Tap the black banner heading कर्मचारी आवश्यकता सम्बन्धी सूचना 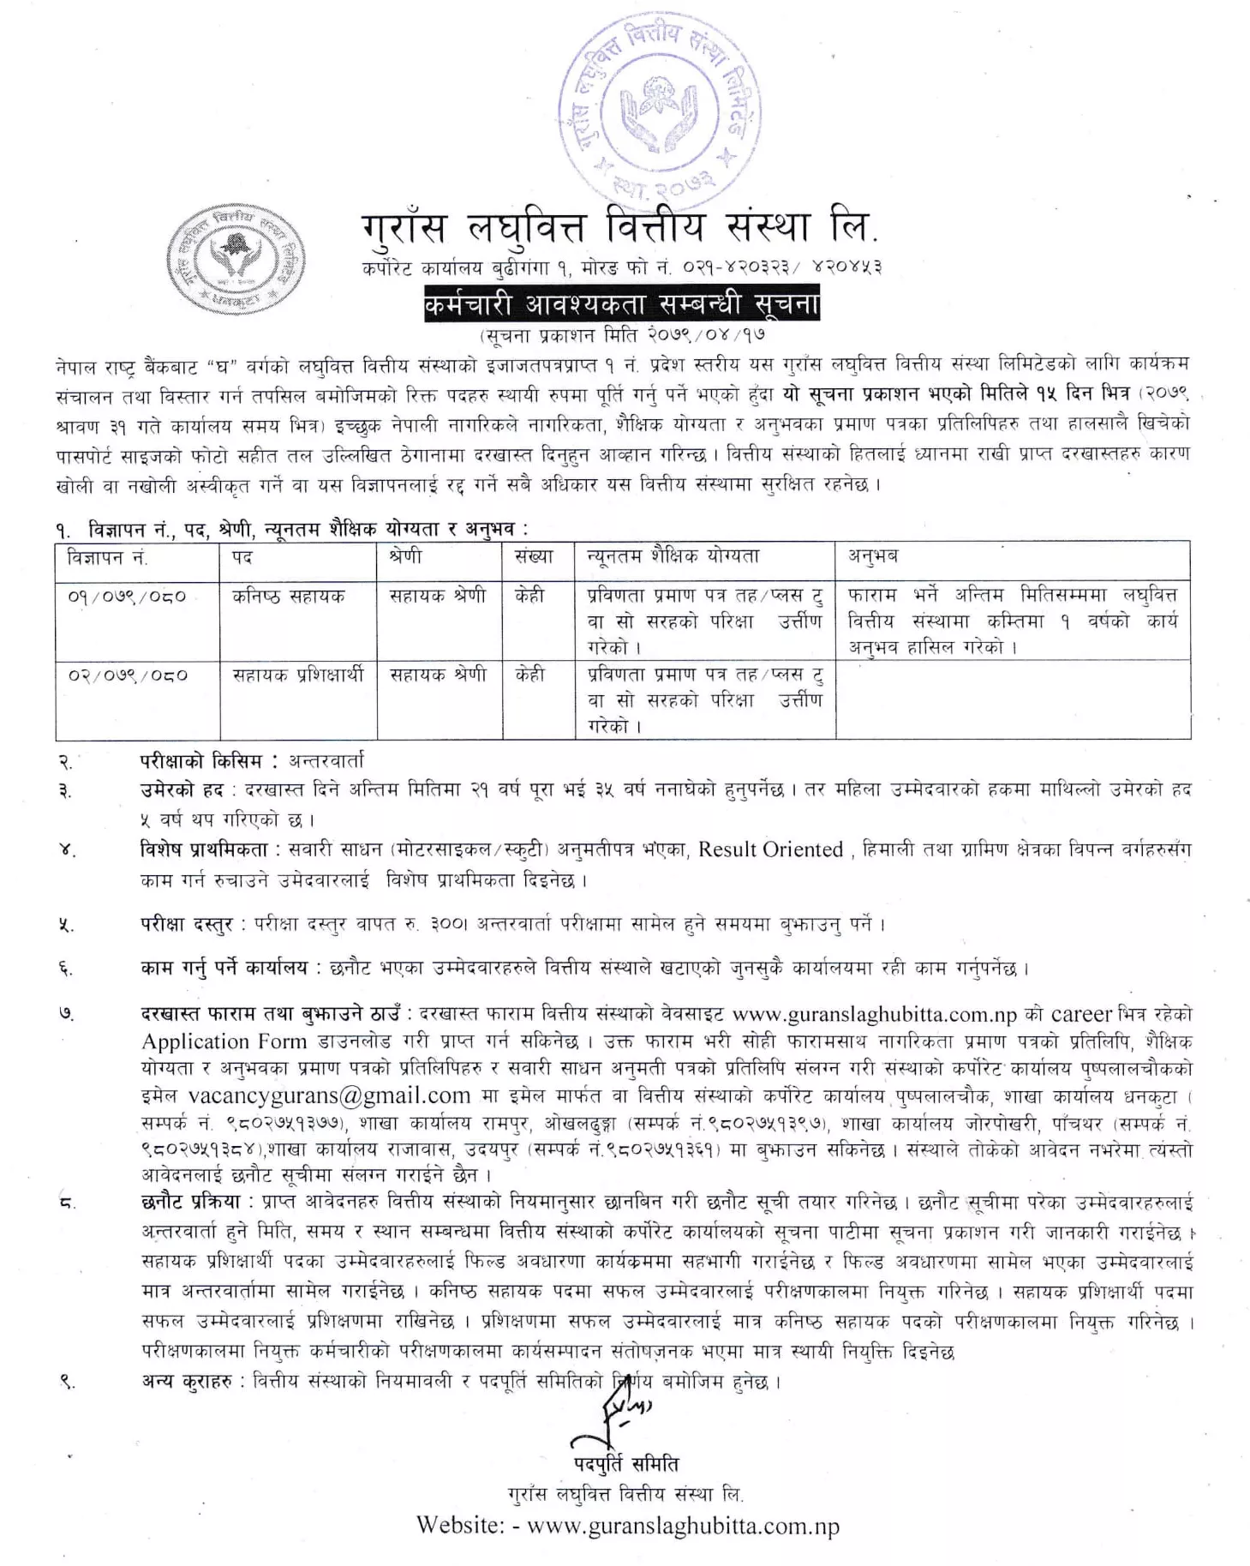pos(621,306)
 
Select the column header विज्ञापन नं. pos(108,558)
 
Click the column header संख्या pos(535,557)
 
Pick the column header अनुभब pos(873,557)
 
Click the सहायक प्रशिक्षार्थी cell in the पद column pos(298,675)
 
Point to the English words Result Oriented pos(770,849)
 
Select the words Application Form pos(224,1041)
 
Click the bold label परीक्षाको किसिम pos(209,760)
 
